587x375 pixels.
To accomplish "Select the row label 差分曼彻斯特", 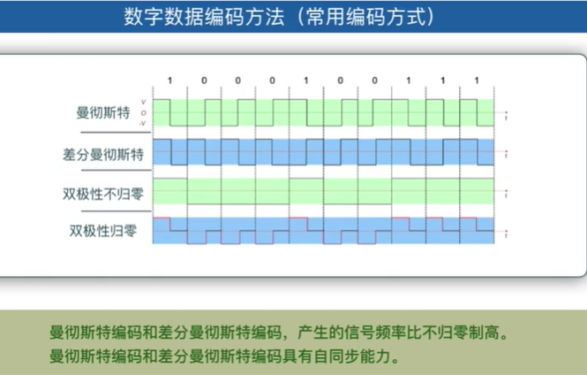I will point(99,153).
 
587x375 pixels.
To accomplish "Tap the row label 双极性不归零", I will point(99,192).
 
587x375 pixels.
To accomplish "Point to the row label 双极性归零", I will point(103,231).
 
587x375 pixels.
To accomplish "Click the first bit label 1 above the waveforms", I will point(170,81).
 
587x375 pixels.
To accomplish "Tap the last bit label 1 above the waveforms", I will point(477,81).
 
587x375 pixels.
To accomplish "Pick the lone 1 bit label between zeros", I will point(306,81).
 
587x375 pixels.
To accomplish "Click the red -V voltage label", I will point(143,123).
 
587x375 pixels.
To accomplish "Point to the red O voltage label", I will point(144,113).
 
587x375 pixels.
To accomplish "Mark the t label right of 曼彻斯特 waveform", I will point(505,114).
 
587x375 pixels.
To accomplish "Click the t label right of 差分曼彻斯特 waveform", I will point(505,154).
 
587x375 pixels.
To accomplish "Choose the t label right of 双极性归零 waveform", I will point(505,233).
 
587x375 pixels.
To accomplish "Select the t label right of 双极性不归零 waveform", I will point(505,194).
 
